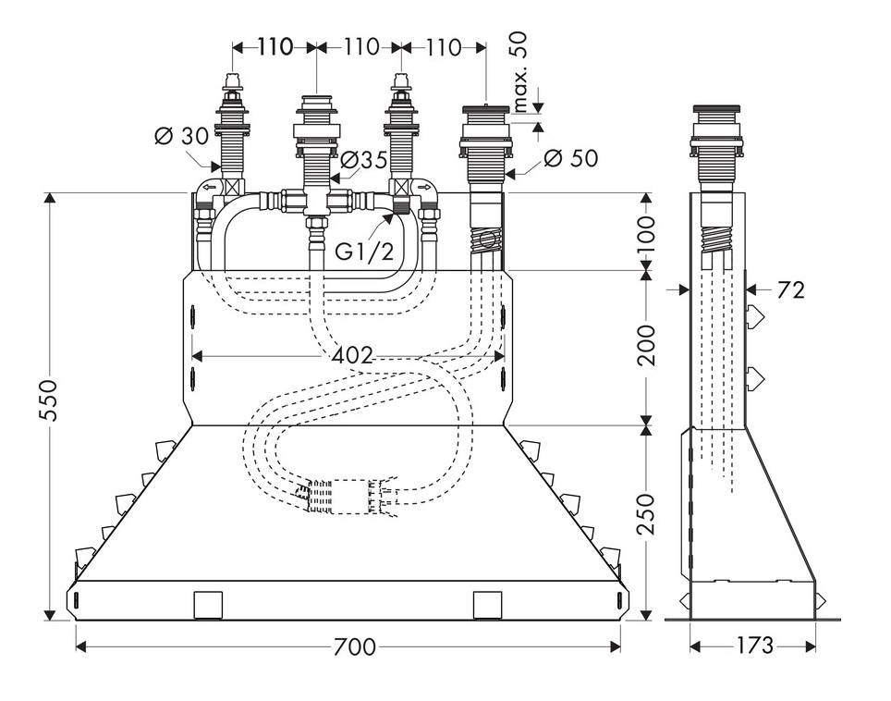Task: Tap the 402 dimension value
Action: coord(353,354)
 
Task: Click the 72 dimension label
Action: coord(789,290)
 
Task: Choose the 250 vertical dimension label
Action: coord(646,518)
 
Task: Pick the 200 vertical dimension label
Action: coord(646,345)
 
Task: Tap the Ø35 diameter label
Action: coord(363,159)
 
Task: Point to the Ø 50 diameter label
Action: coord(570,158)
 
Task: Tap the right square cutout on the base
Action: coord(486,605)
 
